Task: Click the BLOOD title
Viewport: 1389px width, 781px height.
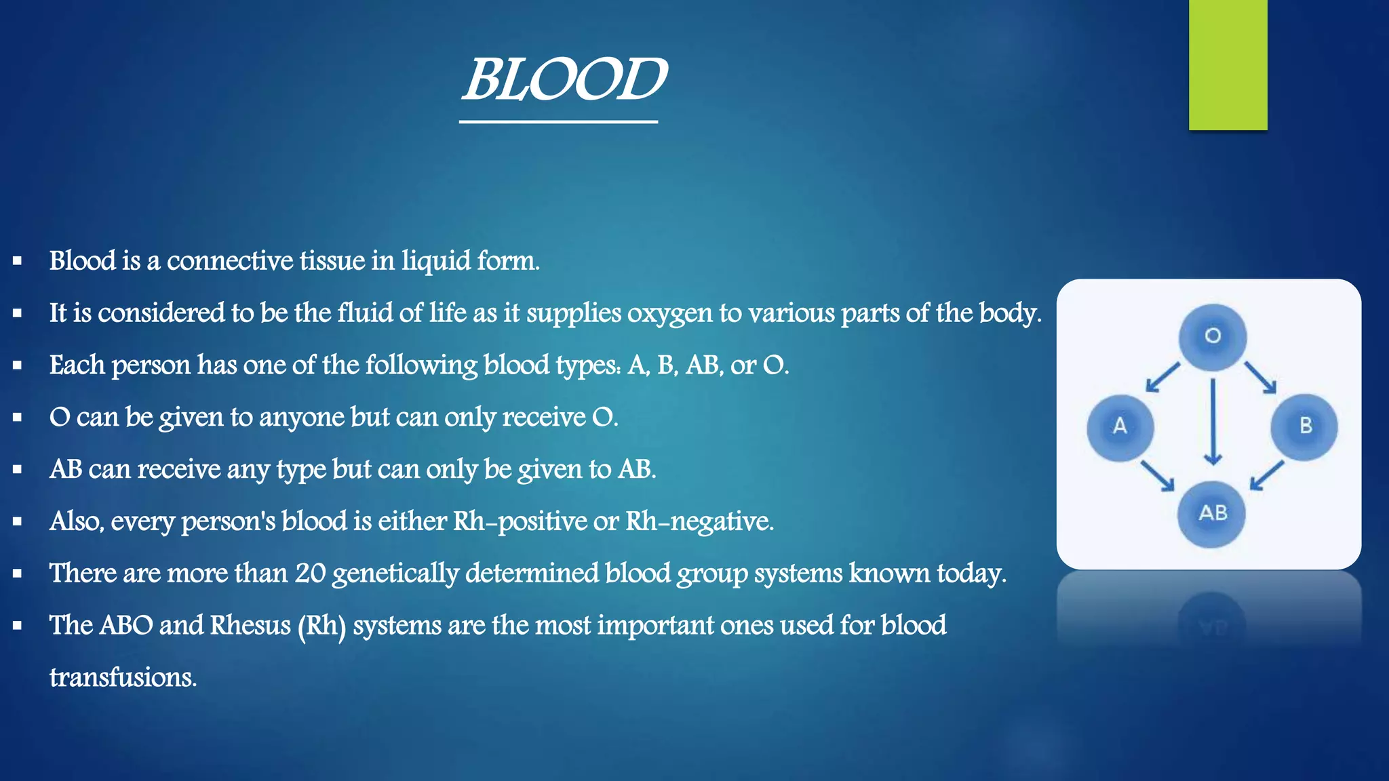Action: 564,80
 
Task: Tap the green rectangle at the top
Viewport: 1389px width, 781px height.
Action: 1228,64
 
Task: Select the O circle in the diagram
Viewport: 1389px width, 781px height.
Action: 1213,336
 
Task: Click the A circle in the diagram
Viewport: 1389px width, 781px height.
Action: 1120,427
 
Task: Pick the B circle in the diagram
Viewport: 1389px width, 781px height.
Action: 1305,427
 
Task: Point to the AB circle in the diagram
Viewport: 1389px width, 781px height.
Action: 1213,514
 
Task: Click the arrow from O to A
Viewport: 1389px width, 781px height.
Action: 1162,378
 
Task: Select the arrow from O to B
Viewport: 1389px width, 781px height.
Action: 1261,378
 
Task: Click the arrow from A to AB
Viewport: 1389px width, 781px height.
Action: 1157,476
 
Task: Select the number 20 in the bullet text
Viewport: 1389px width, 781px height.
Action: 310,574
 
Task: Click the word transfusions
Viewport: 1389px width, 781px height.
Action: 123,677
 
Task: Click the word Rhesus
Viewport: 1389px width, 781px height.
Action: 250,625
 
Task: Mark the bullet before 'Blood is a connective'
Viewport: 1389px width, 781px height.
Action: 18,260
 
